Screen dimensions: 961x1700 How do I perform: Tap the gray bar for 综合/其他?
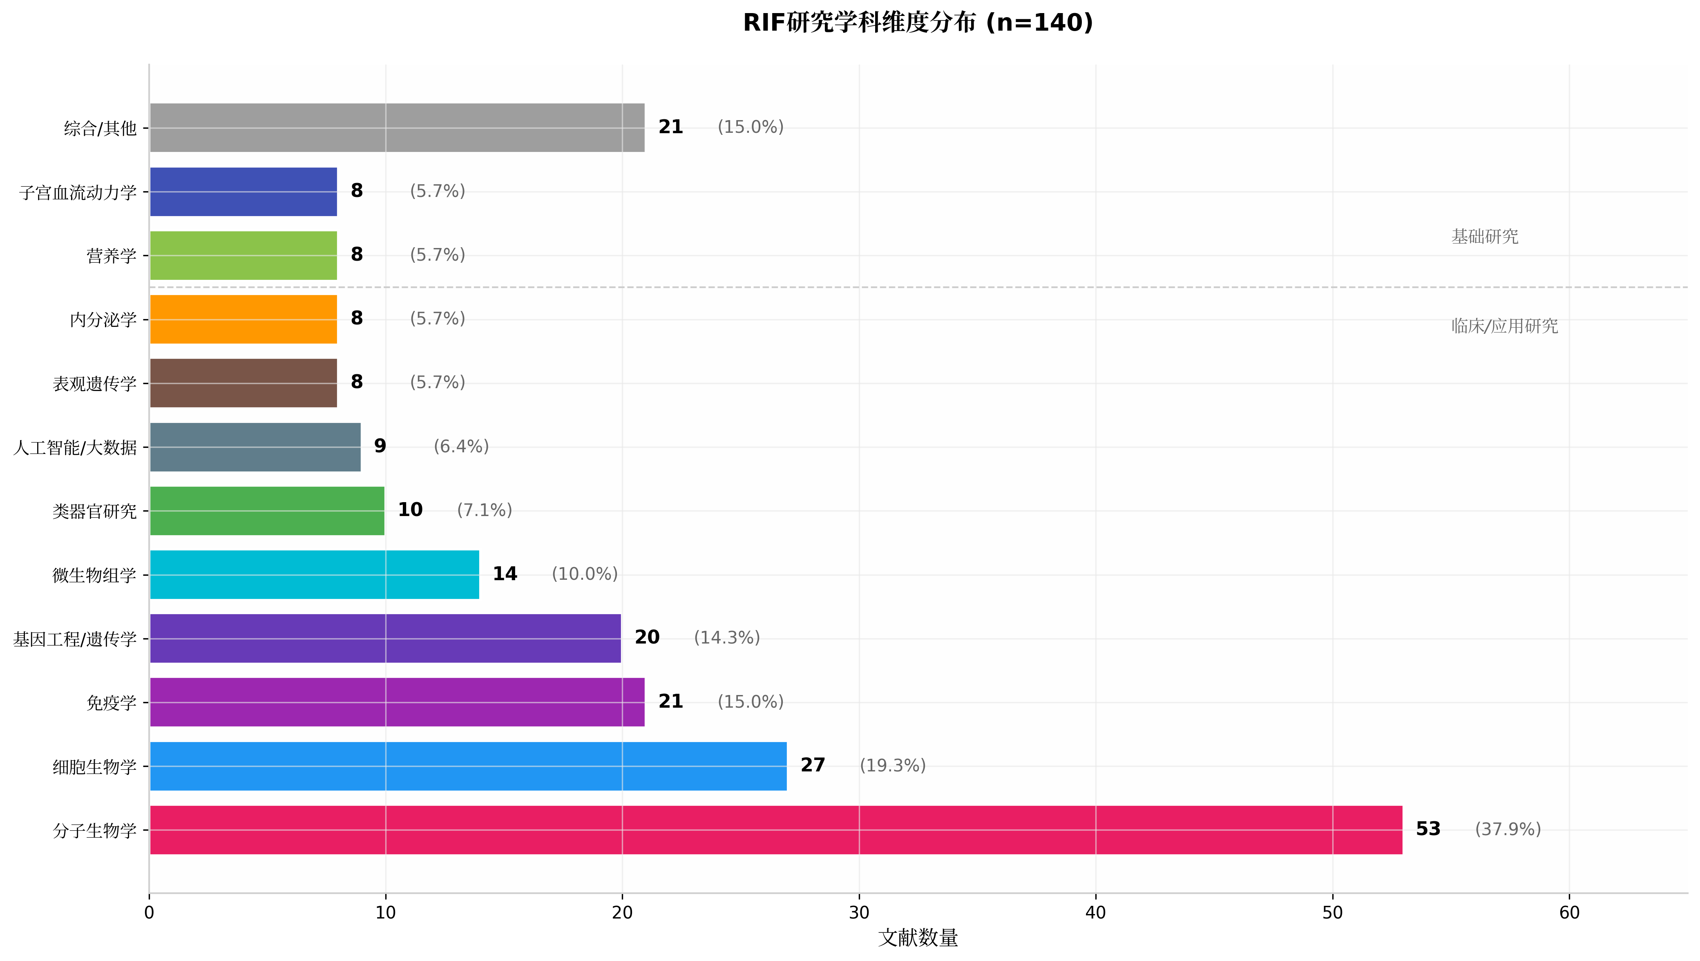397,127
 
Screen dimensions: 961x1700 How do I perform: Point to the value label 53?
1427,829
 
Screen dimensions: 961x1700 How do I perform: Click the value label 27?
812,765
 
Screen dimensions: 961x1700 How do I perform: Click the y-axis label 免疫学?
112,702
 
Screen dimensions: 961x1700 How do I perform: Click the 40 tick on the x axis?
1095,913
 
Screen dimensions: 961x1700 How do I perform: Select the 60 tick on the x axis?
1569,913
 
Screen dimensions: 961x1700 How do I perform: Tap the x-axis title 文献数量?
918,938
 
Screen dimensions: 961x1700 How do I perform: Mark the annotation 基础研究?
1484,236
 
